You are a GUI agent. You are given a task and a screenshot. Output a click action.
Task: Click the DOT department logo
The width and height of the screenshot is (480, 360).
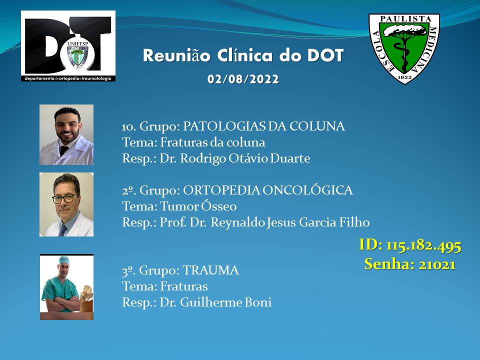68,46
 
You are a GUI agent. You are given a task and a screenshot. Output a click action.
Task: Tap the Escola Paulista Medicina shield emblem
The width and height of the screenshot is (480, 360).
404,48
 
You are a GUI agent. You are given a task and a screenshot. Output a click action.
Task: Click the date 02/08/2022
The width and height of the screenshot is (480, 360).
243,79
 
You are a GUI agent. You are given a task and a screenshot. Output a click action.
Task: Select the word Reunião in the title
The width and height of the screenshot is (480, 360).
176,55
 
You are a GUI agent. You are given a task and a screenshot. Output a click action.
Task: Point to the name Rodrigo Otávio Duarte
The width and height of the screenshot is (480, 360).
245,158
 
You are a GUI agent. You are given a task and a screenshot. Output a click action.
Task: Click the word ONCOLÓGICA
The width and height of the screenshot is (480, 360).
307,190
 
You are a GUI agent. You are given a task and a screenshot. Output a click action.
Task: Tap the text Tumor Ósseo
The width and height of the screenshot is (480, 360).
198,206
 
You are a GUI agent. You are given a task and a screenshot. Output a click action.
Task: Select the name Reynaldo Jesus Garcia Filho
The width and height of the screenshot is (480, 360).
290,222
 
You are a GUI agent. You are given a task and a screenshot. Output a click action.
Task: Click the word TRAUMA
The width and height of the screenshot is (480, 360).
210,270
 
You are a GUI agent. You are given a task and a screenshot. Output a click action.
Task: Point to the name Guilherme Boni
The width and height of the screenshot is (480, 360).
225,302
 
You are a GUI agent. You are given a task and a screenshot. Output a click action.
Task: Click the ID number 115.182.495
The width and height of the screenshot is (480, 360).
423,245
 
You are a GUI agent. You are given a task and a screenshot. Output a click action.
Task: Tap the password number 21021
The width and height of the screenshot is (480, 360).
437,264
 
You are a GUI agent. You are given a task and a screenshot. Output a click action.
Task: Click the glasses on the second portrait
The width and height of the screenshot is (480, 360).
64,198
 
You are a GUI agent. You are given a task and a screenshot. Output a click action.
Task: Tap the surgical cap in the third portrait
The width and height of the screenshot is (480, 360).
63,260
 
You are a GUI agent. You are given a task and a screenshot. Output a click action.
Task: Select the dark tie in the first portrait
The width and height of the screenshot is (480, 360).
63,150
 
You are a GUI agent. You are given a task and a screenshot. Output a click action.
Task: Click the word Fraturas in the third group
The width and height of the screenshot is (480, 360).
184,286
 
